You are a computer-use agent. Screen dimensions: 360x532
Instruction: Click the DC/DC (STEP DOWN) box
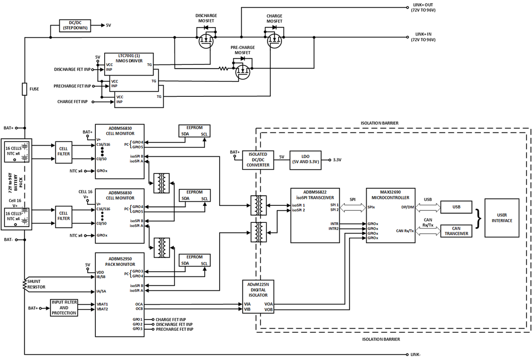point(75,25)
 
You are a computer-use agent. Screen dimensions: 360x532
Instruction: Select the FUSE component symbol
point(24,88)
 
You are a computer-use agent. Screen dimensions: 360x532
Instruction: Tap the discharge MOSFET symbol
point(206,40)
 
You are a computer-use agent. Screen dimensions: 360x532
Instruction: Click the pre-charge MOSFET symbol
point(243,69)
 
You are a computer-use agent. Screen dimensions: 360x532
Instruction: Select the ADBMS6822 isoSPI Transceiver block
point(314,215)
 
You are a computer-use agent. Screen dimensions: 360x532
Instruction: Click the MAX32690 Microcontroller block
point(390,215)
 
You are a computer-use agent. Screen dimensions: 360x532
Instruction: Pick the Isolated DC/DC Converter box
point(258,160)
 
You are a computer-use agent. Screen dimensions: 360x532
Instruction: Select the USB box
point(456,206)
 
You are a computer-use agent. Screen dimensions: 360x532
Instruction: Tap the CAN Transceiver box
point(456,230)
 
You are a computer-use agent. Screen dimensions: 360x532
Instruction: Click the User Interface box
point(502,217)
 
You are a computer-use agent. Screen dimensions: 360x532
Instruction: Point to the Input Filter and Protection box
point(64,307)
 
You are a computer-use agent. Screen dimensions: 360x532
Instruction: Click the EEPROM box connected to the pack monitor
point(195,260)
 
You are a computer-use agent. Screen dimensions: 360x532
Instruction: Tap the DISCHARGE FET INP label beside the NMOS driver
point(72,69)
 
